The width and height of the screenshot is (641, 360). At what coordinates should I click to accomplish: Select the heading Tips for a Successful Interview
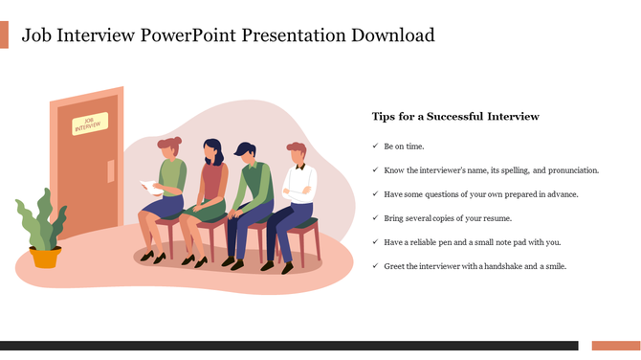point(455,117)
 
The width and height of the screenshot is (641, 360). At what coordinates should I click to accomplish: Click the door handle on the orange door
point(111,171)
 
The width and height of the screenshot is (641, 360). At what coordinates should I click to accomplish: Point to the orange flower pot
point(45,257)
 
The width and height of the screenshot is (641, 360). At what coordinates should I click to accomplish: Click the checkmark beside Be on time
point(374,146)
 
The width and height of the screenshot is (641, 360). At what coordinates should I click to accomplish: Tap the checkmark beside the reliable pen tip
point(374,242)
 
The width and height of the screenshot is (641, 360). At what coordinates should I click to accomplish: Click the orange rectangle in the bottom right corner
point(615,346)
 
